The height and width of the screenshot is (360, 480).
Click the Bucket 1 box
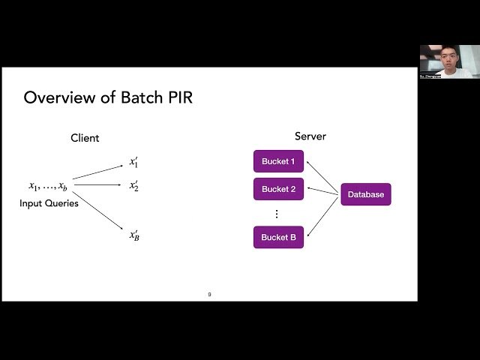click(278, 161)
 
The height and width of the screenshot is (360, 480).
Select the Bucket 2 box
click(278, 189)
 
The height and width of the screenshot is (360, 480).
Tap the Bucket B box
click(278, 237)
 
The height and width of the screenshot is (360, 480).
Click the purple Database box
click(366, 194)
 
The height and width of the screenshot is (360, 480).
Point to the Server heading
click(310, 136)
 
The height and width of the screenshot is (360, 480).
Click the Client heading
click(85, 138)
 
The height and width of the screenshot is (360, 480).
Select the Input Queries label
click(49, 203)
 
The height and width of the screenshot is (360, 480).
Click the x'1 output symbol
click(133, 162)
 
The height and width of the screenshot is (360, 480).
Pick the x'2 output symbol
click(133, 185)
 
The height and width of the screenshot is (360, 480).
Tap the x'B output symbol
click(134, 235)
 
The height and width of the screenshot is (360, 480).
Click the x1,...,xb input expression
click(48, 187)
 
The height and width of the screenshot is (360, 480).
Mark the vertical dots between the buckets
click(276, 214)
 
